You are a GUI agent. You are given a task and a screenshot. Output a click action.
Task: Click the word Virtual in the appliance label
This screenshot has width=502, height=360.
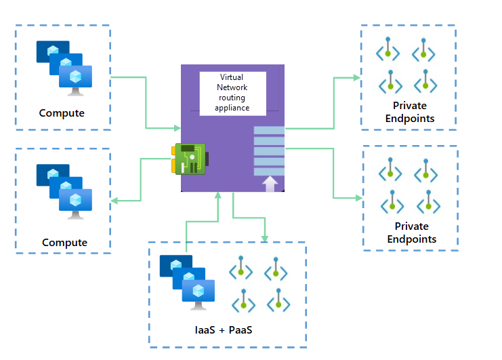coord(233,78)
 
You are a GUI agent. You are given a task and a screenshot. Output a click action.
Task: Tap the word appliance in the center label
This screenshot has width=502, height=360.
coord(233,107)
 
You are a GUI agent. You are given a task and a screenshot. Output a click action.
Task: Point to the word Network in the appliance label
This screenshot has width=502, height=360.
coord(233,87)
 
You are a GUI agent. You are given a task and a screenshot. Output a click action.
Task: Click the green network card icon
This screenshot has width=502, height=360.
coord(190,159)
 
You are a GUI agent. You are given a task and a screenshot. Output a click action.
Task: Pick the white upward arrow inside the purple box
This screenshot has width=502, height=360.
coord(270,183)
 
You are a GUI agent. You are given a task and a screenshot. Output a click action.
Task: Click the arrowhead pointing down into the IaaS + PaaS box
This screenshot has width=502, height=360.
coord(264,238)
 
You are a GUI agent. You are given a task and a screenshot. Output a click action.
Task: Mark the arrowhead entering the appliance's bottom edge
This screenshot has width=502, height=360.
coord(218,196)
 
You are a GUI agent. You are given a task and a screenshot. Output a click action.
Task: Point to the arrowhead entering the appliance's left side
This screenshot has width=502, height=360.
coord(177,127)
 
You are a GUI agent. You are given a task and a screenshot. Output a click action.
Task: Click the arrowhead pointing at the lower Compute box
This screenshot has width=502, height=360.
coord(114,200)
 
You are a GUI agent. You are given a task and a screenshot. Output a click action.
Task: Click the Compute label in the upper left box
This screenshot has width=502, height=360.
coord(62,113)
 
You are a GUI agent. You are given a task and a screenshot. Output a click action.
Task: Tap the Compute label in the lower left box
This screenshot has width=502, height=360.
coord(64,243)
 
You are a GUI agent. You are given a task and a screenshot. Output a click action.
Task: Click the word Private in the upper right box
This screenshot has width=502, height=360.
coord(410,106)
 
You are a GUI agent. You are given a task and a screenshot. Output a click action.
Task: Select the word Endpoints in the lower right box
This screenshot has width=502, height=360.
coord(411,239)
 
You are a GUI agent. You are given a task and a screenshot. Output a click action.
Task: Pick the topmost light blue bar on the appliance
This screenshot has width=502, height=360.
coord(269,130)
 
